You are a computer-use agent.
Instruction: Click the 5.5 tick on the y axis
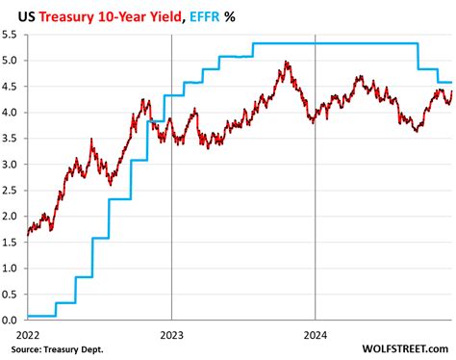click(x=12, y=35)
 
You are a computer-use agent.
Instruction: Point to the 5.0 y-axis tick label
click(x=12, y=61)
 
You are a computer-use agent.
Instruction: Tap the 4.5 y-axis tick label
click(x=12, y=87)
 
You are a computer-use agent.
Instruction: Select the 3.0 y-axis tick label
click(x=12, y=164)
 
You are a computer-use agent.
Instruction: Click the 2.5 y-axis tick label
click(x=12, y=190)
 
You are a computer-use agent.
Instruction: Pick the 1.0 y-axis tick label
click(x=12, y=268)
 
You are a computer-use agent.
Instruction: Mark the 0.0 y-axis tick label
click(x=12, y=320)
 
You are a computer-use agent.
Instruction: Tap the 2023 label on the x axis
click(x=171, y=333)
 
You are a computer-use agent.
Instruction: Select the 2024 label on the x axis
click(x=317, y=333)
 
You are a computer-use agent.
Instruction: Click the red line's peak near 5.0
click(x=287, y=63)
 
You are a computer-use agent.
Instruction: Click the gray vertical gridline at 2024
click(x=317, y=193)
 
